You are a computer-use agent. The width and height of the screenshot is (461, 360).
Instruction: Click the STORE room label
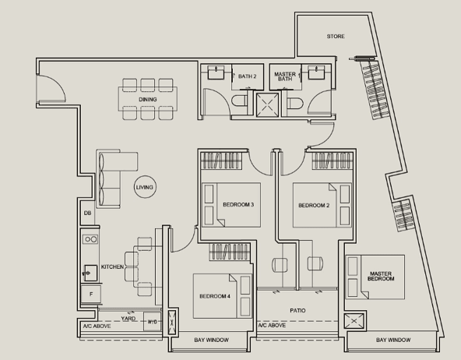(x=336, y=36)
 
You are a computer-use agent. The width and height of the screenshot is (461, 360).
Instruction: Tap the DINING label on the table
(x=148, y=100)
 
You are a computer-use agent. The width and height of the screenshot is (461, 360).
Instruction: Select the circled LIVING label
(x=145, y=187)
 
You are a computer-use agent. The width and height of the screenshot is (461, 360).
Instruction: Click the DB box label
(x=88, y=213)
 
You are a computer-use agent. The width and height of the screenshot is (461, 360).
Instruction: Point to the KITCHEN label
(x=112, y=266)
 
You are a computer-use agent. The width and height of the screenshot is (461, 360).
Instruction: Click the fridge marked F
(x=91, y=294)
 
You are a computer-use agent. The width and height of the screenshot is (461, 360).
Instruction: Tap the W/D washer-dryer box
(x=152, y=322)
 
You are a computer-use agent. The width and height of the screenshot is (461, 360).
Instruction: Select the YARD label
(x=128, y=318)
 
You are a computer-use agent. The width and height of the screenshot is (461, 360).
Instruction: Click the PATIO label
(x=297, y=310)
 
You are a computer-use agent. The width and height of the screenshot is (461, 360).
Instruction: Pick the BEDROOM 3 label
(x=238, y=204)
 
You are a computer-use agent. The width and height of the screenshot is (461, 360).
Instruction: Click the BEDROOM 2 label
(x=314, y=205)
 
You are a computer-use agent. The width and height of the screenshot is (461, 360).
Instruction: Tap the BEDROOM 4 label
(x=215, y=296)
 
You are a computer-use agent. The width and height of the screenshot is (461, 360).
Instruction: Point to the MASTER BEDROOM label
(x=381, y=276)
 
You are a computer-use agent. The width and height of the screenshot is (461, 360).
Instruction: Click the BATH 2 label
(x=248, y=76)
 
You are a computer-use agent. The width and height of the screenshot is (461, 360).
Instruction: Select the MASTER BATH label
(x=285, y=76)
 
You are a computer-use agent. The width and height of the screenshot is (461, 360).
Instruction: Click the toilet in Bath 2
(x=240, y=101)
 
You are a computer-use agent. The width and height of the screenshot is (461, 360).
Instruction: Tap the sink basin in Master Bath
(x=316, y=72)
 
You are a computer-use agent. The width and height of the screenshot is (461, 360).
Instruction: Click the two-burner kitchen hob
(x=90, y=239)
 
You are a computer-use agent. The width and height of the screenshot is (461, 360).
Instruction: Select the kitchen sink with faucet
(x=90, y=273)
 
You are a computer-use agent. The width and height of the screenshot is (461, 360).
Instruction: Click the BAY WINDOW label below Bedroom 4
(x=211, y=340)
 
